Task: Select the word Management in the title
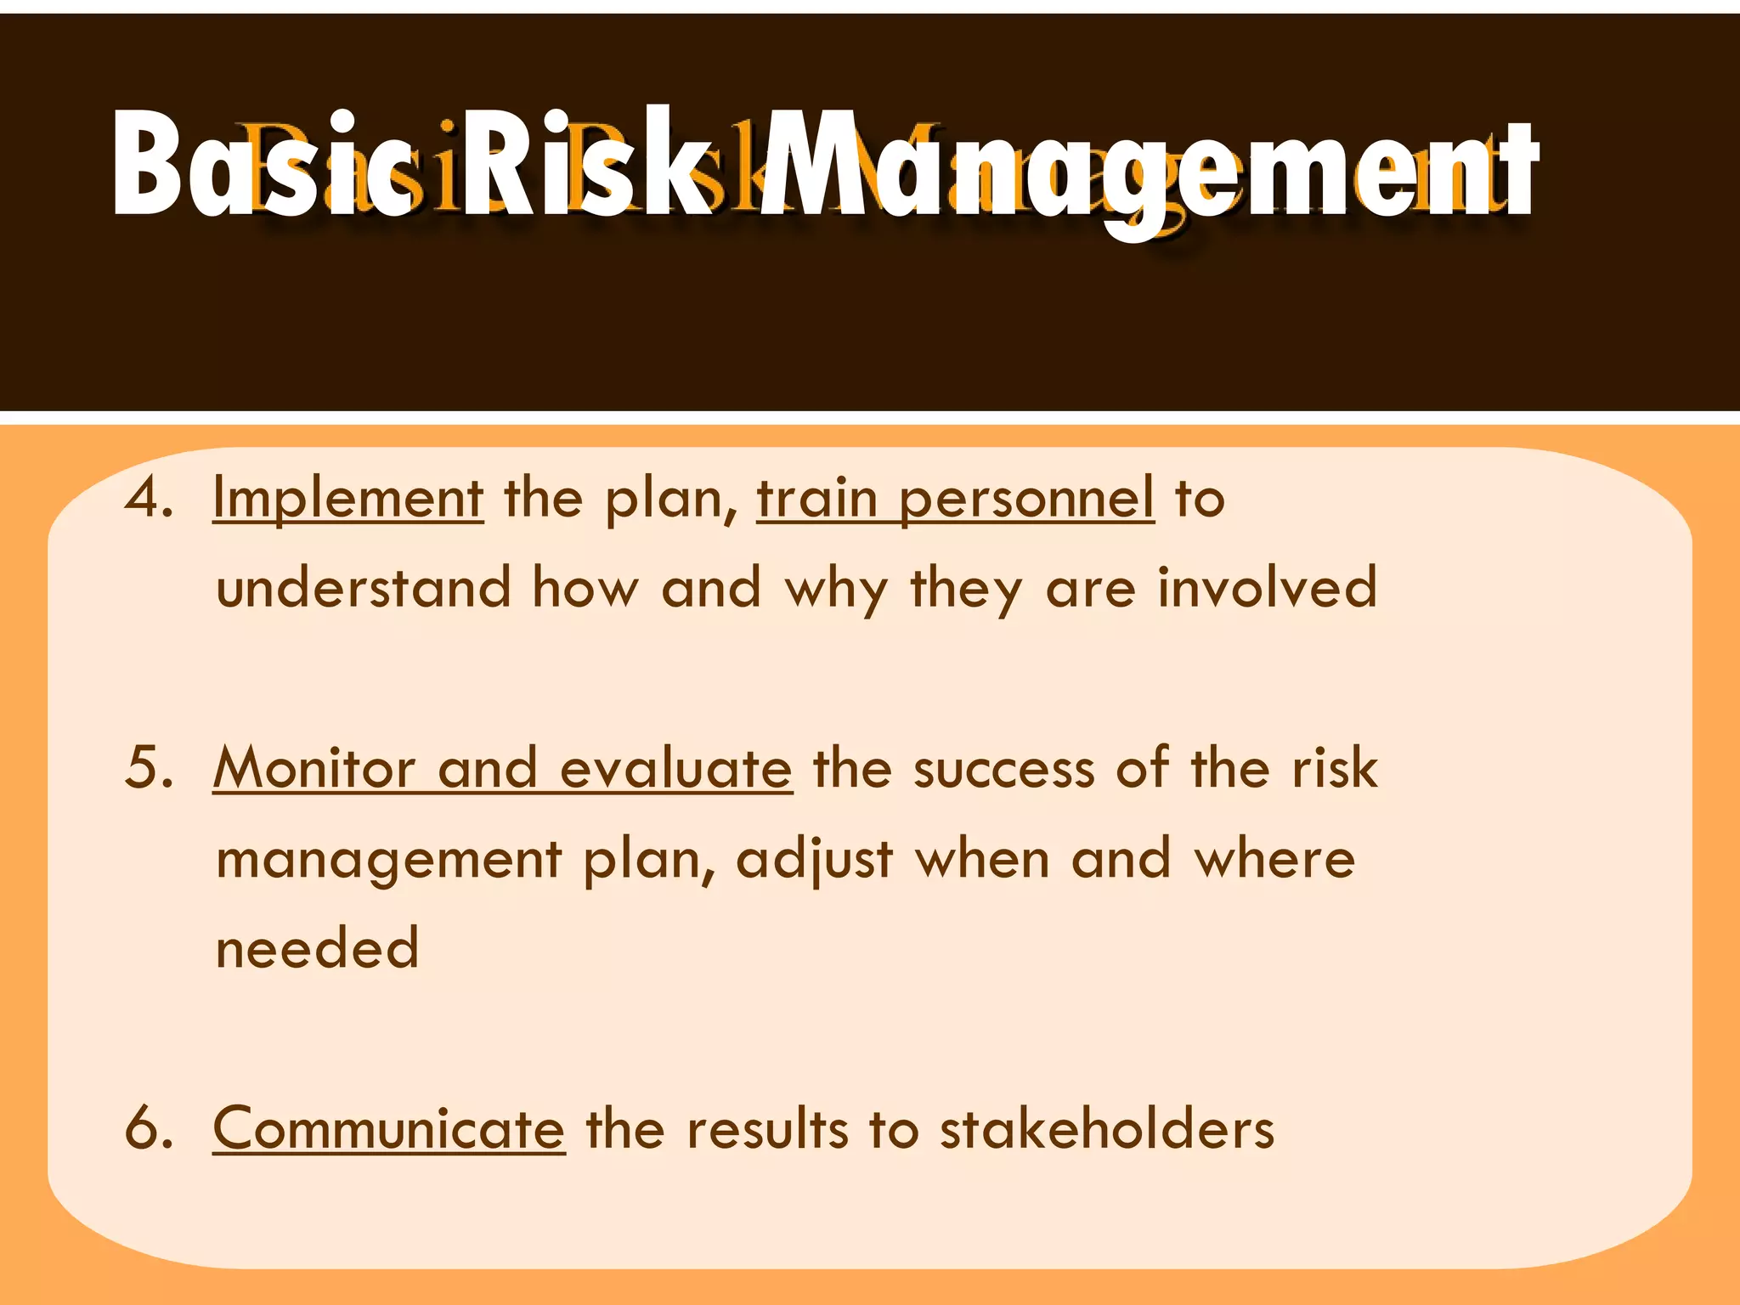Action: (x=1147, y=170)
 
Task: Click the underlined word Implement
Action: (x=348, y=500)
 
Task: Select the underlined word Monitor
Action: (x=314, y=768)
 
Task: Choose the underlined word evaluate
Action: (x=676, y=768)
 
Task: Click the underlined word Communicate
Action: (x=388, y=1129)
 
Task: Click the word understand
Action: (x=364, y=587)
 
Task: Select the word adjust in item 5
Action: (x=815, y=860)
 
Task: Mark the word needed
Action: (x=318, y=948)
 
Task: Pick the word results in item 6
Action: (x=767, y=1129)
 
